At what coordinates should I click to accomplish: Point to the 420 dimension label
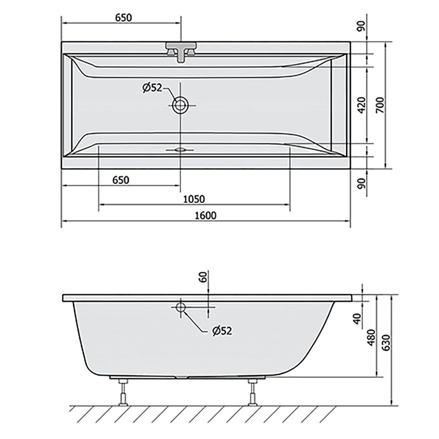(362, 105)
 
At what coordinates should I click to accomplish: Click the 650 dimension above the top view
(123, 18)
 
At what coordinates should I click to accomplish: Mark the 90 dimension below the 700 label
(362, 186)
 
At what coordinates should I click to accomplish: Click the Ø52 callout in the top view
(152, 88)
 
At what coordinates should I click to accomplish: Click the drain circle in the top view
(180, 104)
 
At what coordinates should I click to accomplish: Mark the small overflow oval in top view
(180, 150)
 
